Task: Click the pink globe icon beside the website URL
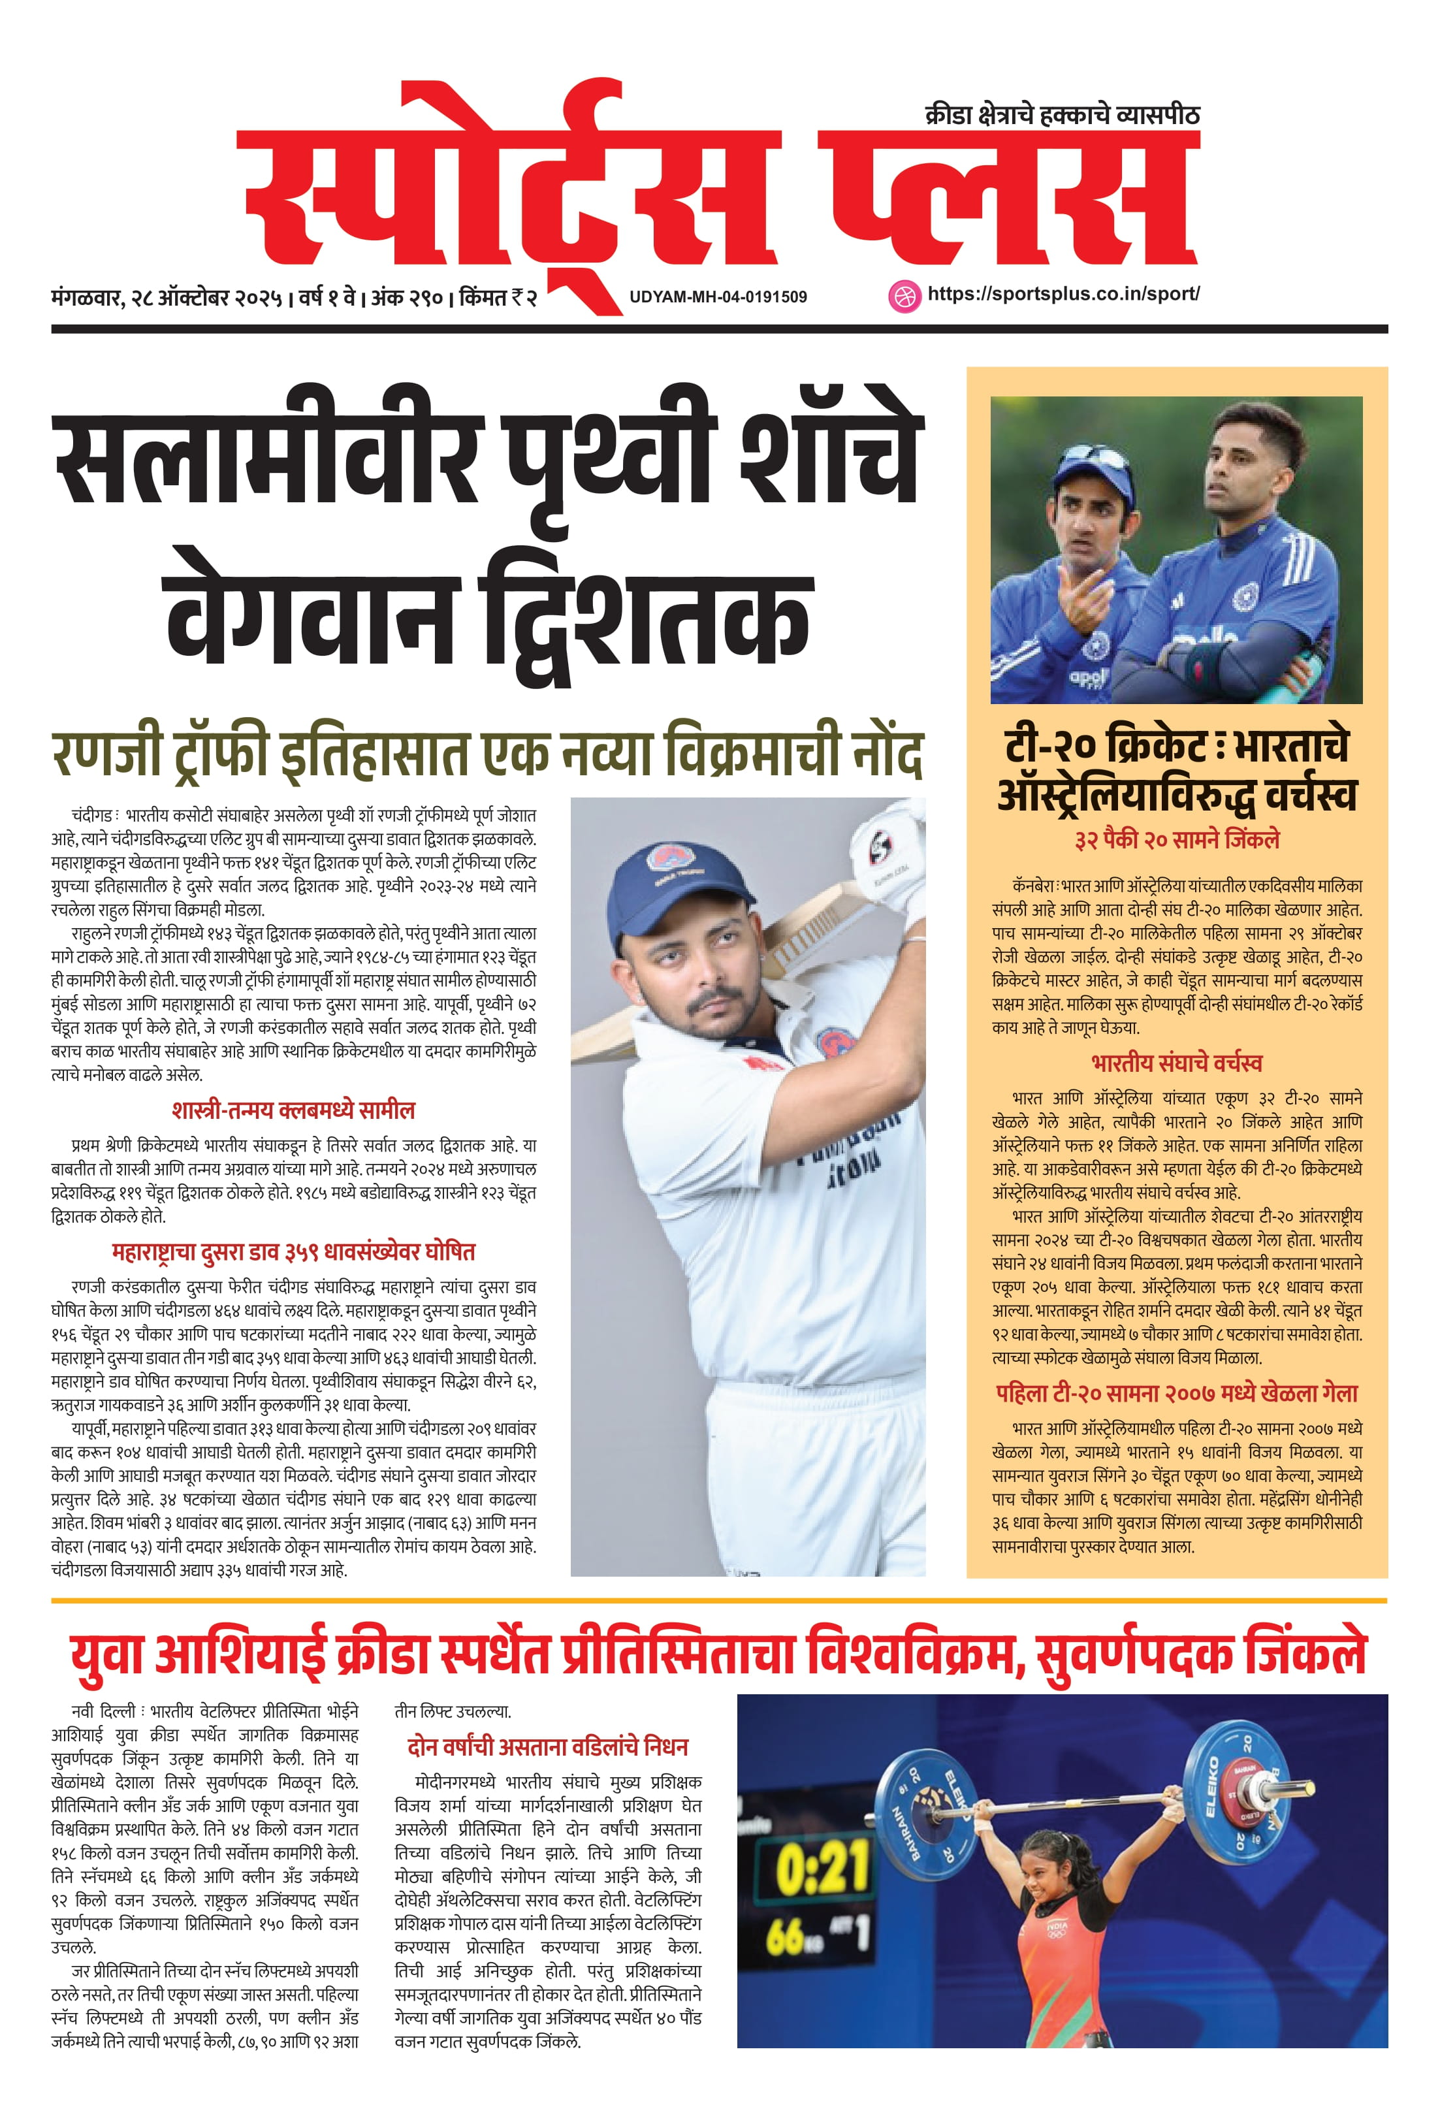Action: coord(903,296)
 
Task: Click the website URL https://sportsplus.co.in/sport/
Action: coord(1063,294)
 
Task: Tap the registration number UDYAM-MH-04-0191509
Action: coord(718,297)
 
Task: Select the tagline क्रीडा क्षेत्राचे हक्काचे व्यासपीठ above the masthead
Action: coord(1062,115)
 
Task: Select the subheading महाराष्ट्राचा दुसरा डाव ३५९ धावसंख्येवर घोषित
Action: coord(293,1251)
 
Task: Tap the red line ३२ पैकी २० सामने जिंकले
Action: coord(1177,839)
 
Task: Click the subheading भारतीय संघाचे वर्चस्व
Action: coord(1177,1063)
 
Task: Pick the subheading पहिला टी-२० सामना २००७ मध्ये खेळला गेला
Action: coord(1177,1393)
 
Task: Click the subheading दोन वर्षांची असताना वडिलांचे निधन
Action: coord(547,1747)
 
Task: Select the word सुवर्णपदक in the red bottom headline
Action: coord(1136,1654)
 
